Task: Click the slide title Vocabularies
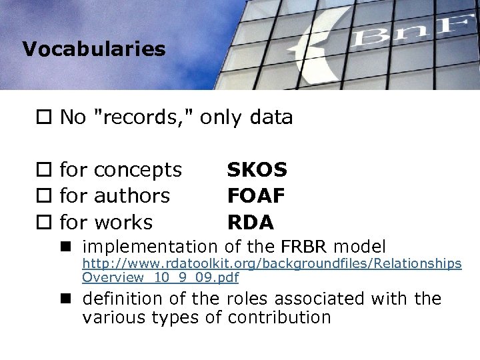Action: tap(93, 49)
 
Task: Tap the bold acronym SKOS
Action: tap(257, 170)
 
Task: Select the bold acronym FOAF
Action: tap(257, 195)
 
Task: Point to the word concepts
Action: tap(138, 171)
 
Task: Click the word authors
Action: tap(132, 195)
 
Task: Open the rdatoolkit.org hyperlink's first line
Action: tap(272, 264)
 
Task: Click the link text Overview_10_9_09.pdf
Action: tap(160, 277)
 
